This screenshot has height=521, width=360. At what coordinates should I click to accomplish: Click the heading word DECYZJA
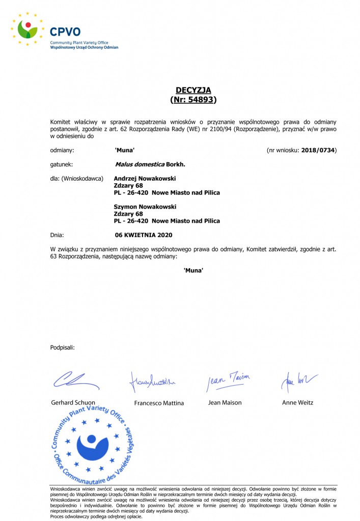[x=193, y=90]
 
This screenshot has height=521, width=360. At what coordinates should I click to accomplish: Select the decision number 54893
[x=200, y=100]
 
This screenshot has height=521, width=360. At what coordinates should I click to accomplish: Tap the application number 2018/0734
[x=318, y=150]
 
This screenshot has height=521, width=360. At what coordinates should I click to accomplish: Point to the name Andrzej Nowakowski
[x=145, y=179]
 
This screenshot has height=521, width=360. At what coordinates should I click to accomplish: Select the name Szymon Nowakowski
[x=145, y=207]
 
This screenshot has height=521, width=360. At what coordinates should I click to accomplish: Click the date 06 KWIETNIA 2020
[x=144, y=235]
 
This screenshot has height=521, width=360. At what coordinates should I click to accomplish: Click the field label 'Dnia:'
[x=57, y=235]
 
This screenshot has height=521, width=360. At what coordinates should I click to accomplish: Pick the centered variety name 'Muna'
[x=193, y=270]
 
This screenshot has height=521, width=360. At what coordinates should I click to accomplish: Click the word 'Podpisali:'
[x=63, y=348]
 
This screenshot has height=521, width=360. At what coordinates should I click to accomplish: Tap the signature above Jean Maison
[x=228, y=380]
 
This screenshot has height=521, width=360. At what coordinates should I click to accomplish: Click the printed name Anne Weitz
[x=298, y=402]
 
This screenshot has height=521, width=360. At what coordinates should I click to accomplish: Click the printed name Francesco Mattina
[x=159, y=403]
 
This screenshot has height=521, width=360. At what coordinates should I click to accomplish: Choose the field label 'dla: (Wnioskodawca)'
[x=77, y=179]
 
